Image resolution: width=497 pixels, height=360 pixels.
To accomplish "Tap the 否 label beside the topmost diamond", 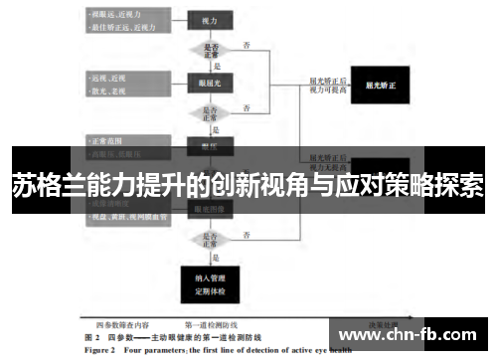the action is [x=246, y=44].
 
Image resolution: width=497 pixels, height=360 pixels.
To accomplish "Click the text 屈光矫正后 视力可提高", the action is [x=328, y=87].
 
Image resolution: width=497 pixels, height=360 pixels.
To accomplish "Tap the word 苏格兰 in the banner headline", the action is [x=45, y=185].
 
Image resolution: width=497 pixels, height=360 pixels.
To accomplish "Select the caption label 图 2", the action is [x=87, y=338].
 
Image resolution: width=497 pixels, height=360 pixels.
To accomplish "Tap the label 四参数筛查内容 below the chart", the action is [x=123, y=325].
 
